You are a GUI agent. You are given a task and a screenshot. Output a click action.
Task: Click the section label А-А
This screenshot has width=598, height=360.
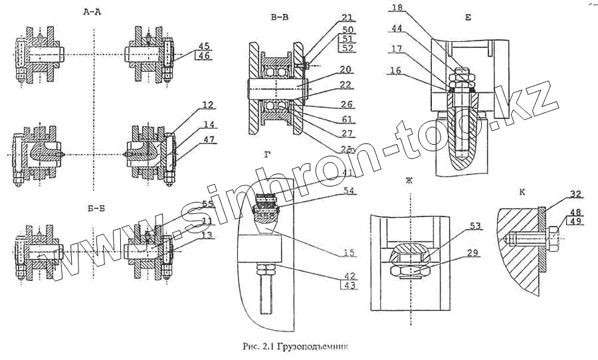(93, 12)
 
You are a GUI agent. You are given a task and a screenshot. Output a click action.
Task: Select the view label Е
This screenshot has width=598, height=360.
(468, 18)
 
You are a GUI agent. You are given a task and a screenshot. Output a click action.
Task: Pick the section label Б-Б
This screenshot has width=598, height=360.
(96, 208)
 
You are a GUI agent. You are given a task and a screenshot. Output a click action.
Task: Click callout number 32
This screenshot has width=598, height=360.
(575, 195)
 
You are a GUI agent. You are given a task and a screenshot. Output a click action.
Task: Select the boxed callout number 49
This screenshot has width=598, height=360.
(575, 222)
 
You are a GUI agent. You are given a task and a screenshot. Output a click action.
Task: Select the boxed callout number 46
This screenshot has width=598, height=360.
(204, 57)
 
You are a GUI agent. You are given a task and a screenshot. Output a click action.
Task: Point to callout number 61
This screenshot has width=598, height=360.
(348, 120)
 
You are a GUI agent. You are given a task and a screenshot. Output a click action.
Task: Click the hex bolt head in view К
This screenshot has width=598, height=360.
(551, 236)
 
